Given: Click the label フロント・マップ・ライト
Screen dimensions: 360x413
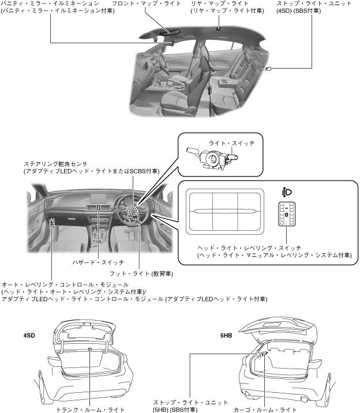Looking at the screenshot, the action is [138, 4].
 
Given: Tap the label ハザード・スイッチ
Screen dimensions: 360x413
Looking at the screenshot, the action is [100, 263].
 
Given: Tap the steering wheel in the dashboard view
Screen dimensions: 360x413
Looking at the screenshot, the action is [134, 212].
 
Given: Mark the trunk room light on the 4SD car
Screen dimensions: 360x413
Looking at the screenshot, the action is [90, 350].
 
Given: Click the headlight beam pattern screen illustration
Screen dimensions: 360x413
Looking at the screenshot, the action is [225, 211].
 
